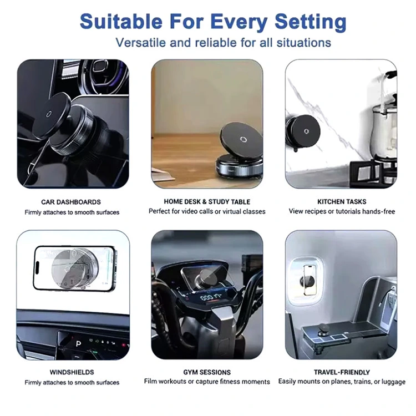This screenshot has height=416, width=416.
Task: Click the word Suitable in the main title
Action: [x=121, y=21]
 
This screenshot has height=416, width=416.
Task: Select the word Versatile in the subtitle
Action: [x=140, y=43]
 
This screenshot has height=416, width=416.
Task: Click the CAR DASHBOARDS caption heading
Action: [x=71, y=202]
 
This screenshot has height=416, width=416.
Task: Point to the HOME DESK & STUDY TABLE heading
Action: [x=207, y=202]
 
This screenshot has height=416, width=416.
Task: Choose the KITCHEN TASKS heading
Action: [x=342, y=202]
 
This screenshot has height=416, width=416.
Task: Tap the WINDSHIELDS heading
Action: [x=72, y=372]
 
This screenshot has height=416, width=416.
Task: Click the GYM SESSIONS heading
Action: [x=207, y=372]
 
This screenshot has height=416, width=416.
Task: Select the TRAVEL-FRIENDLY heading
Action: [x=342, y=372]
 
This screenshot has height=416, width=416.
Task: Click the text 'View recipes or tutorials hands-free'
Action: [x=342, y=211]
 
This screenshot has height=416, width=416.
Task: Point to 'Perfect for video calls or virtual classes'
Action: [x=207, y=211]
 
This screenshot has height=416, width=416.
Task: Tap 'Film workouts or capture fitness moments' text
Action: [x=207, y=382]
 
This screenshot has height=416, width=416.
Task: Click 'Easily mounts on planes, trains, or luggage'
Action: [x=342, y=382]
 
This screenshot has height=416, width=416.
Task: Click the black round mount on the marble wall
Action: [x=304, y=131]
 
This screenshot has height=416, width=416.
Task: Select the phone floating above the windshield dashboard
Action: [x=74, y=269]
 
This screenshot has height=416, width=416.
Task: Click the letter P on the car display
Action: [x=78, y=344]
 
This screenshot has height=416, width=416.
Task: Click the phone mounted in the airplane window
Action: [x=310, y=280]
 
